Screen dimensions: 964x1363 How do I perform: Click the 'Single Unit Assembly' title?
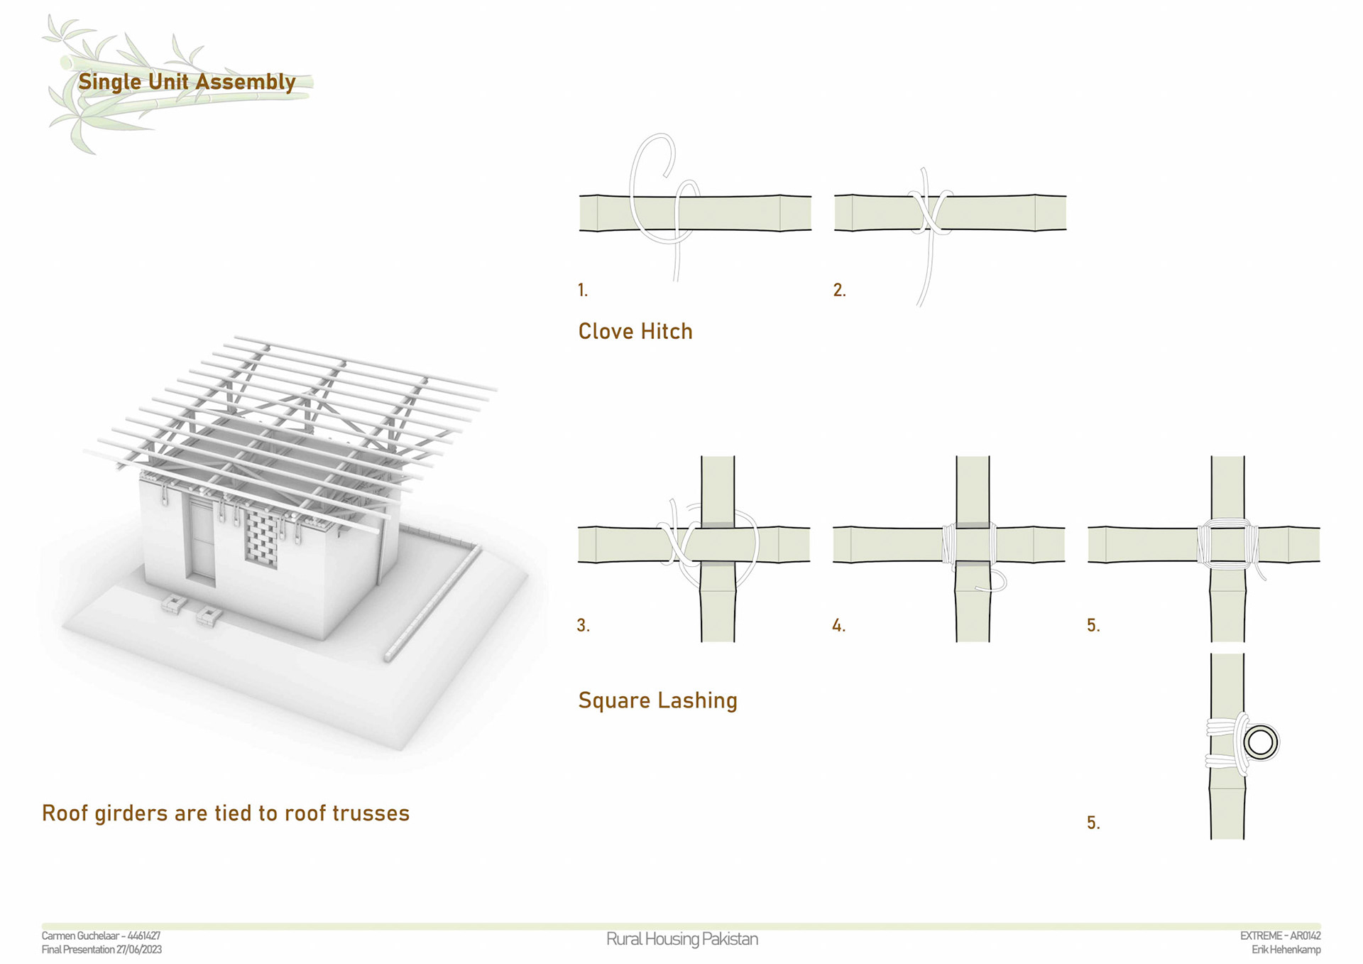pos(187,82)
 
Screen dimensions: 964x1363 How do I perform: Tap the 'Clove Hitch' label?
pos(635,331)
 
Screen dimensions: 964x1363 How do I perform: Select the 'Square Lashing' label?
pos(657,700)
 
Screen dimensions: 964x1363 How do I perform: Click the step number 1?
pos(583,290)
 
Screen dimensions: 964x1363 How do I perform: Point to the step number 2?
pos(839,290)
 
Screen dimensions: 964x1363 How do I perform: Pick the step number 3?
pos(583,625)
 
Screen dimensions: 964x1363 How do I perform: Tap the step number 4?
pos(838,625)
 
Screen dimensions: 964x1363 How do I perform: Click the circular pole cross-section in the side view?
pos(1260,743)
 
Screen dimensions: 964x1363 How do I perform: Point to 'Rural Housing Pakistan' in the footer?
pos(681,939)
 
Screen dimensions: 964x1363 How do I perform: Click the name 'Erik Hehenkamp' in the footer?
pos(1286,950)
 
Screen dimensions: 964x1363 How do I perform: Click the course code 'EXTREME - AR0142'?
pos(1280,936)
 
